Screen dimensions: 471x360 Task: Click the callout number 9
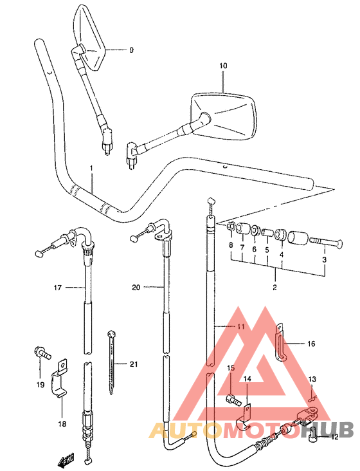(x=131, y=50)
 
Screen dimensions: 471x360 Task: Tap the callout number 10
(x=223, y=66)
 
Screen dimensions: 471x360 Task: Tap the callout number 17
(x=57, y=288)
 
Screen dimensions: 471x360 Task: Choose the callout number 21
(x=133, y=364)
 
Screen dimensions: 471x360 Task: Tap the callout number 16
(x=310, y=344)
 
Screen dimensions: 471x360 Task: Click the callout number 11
(x=240, y=327)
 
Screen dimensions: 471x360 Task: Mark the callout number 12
(x=334, y=438)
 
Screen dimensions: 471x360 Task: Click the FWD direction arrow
(x=65, y=461)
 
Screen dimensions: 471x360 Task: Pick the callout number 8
(x=231, y=246)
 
